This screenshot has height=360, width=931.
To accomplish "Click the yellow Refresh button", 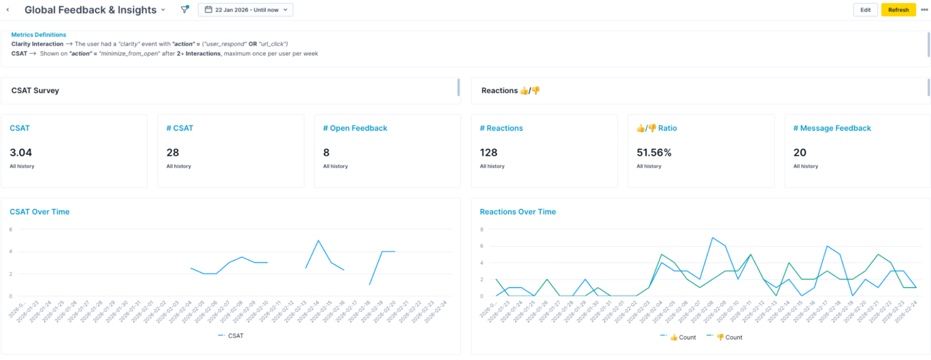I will [x=898, y=10].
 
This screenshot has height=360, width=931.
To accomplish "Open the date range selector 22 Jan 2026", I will [x=245, y=10].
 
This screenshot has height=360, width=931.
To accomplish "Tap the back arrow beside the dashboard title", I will [x=8, y=10].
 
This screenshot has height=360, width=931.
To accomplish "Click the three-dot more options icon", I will [x=924, y=10].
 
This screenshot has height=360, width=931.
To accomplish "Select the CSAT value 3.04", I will [x=21, y=153].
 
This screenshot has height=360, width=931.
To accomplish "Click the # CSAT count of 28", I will [x=173, y=153].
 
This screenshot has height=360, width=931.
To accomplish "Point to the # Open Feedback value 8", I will [x=326, y=153].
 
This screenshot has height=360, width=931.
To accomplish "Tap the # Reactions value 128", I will [x=489, y=153].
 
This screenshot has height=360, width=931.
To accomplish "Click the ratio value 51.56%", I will [x=654, y=153].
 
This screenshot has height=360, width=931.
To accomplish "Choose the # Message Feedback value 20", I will [x=800, y=153].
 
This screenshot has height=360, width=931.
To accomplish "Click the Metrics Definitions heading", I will [x=39, y=35].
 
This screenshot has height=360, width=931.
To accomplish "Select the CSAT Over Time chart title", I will [x=40, y=212].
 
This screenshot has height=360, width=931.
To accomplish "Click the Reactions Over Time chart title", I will [x=517, y=212].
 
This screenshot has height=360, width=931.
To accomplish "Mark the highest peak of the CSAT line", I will [x=319, y=240].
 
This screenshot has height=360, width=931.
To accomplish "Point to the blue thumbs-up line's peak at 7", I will [x=713, y=238].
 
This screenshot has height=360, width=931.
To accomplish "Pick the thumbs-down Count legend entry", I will [x=729, y=337].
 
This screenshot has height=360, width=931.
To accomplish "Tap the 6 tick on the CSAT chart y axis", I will [x=11, y=230].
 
